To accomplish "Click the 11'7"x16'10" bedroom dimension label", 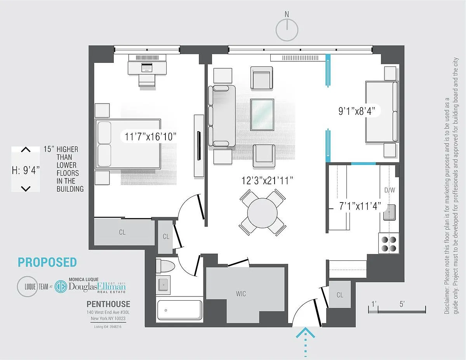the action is (150, 137).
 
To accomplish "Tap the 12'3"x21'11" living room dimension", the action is (267, 180).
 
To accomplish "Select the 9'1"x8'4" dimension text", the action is (357, 111).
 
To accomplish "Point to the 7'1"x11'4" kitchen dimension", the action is (360, 206).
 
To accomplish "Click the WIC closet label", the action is (241, 294).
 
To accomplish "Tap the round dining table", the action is (262, 213).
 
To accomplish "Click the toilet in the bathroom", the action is (165, 266).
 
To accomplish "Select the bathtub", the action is (180, 310).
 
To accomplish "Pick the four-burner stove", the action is (389, 244).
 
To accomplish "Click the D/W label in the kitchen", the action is (389, 190).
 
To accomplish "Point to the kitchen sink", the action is (389, 213).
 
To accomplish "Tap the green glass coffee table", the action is (262, 114).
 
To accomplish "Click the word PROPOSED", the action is (47, 262).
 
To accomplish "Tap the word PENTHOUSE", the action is (108, 304).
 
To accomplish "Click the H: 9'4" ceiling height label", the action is (26, 170).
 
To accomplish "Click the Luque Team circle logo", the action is (28, 287).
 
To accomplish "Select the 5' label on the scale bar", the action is (402, 304).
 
